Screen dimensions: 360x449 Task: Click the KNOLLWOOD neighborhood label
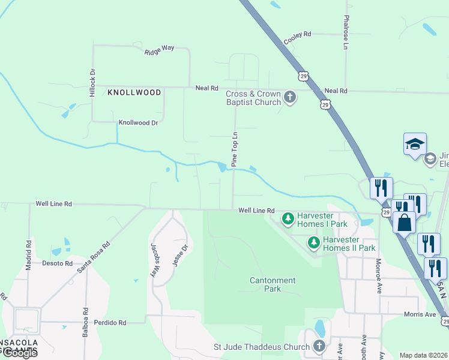click(x=134, y=92)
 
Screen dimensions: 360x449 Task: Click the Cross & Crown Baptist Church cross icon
click(x=290, y=97)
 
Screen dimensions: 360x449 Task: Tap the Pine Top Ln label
click(x=235, y=149)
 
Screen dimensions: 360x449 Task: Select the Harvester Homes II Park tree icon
click(x=313, y=242)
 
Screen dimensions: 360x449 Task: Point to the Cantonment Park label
click(x=273, y=284)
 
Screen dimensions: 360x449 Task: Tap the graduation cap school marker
click(x=415, y=145)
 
